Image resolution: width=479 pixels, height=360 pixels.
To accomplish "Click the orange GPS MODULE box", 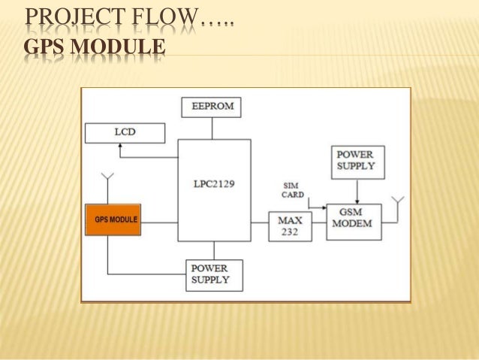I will (x=113, y=219).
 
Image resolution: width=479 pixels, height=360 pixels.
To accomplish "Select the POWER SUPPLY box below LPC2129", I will (x=215, y=274).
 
